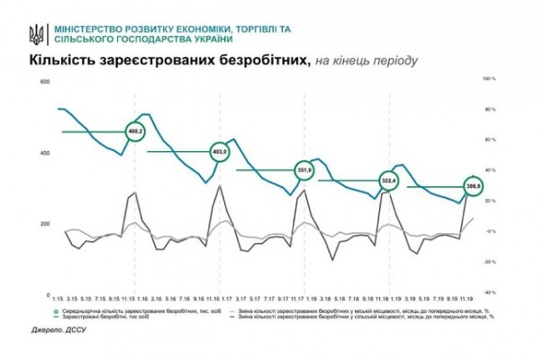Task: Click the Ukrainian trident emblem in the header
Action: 36,34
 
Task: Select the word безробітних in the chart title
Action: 265,60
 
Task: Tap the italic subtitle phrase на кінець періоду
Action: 366,61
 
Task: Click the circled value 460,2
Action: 137,132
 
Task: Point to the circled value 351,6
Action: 304,169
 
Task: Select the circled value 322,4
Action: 389,181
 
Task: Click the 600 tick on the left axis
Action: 41,83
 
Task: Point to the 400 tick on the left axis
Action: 41,153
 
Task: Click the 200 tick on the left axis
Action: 41,223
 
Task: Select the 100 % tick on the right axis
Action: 491,79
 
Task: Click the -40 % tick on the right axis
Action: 491,292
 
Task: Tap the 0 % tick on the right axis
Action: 491,231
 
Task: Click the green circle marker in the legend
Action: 59,310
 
